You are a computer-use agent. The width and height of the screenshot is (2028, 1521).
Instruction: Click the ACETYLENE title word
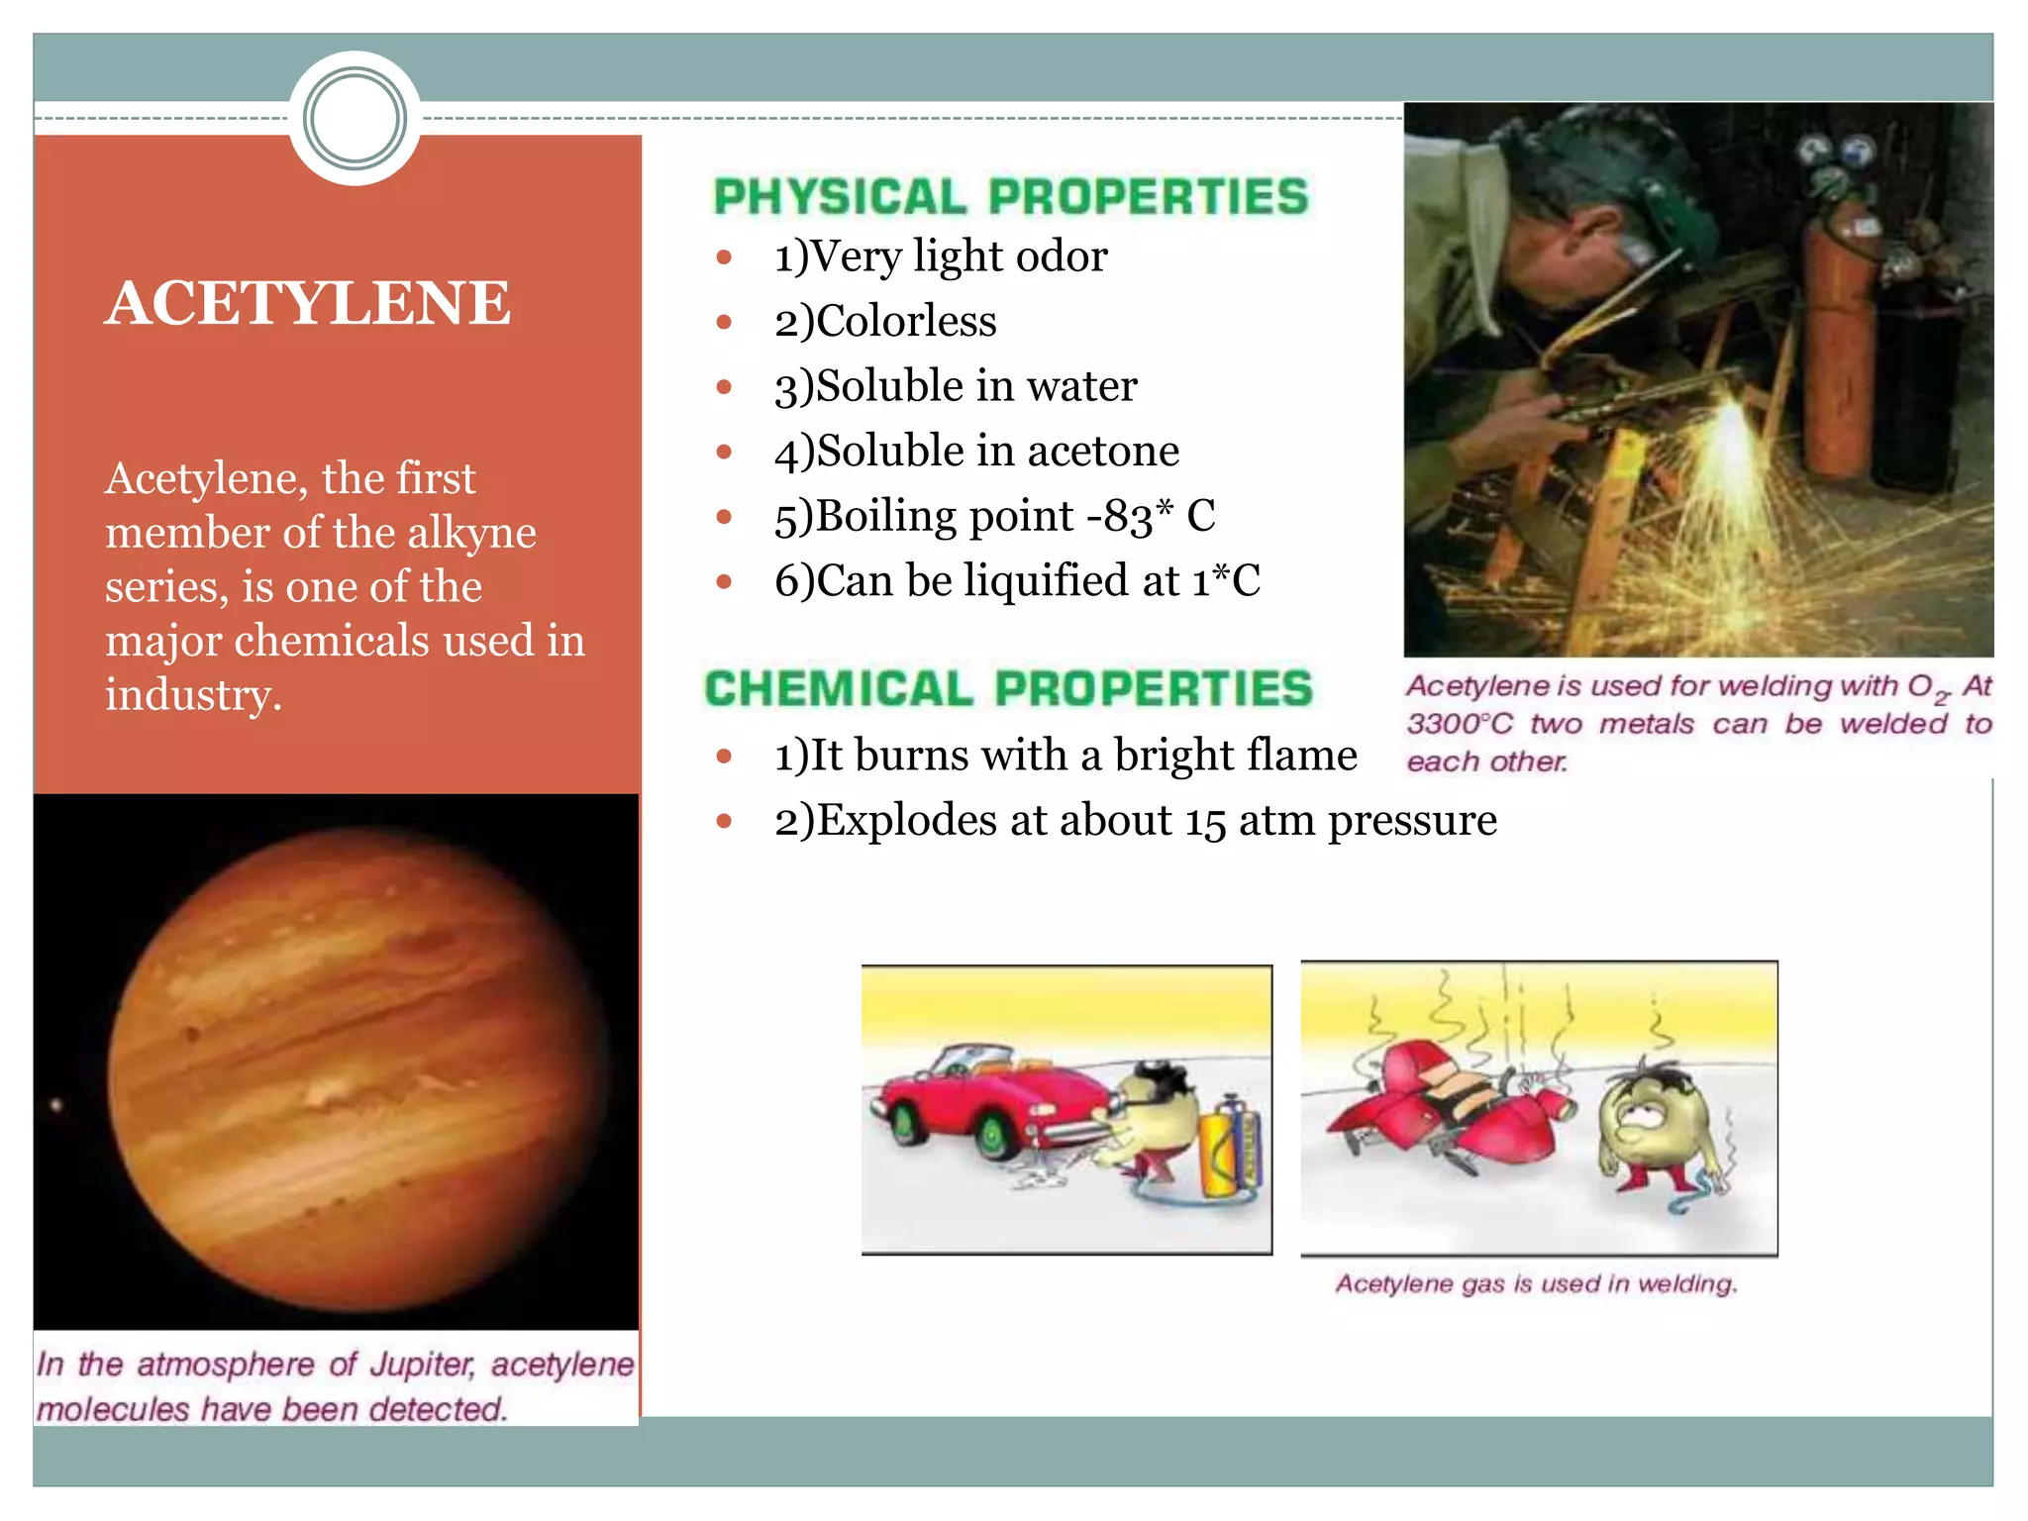308,303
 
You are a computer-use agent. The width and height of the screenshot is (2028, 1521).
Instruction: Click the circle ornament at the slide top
355,119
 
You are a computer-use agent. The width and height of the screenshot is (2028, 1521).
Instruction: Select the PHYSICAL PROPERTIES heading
1011,197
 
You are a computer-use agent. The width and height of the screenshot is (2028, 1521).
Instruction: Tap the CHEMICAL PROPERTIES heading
1008,689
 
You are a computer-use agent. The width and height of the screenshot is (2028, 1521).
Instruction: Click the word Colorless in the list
906,322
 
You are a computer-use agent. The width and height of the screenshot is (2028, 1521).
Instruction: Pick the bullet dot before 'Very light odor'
724,257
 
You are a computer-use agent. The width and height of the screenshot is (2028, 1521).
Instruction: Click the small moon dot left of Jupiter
56,1104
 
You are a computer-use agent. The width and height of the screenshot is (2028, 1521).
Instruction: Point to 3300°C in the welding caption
1460,724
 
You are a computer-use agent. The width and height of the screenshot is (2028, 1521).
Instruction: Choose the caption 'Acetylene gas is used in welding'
1536,1284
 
